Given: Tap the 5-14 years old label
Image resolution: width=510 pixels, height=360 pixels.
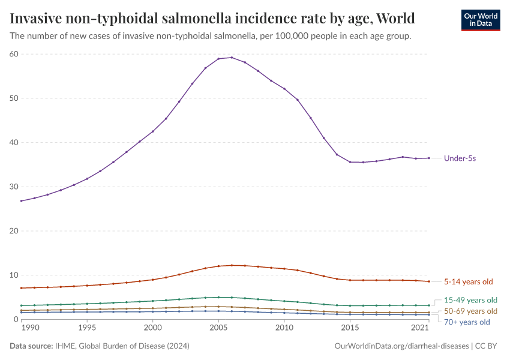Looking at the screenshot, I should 468,281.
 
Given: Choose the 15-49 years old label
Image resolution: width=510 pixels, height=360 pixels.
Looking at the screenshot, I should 470,300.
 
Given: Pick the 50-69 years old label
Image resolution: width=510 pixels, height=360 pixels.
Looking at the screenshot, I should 470,311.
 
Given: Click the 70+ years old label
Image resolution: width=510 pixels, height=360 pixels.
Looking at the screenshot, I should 467,322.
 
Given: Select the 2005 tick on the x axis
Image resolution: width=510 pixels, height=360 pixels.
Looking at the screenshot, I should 218,329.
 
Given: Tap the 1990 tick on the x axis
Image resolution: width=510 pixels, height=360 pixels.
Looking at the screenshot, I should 21,329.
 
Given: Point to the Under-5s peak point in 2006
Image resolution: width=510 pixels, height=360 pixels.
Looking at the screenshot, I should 232,58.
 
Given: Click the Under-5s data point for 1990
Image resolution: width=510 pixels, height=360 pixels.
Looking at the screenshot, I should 22,201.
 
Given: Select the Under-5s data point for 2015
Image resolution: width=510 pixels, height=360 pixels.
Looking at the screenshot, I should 350,162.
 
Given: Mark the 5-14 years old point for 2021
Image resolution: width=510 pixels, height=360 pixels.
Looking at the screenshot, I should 428,281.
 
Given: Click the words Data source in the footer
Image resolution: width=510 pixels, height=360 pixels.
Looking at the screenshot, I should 31,346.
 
